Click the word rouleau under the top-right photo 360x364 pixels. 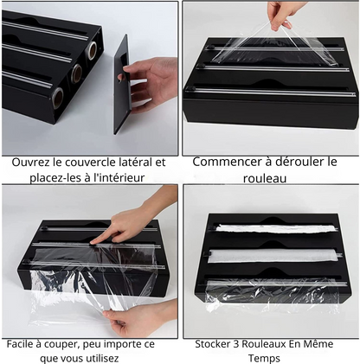265,178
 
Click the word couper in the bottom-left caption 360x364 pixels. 62,345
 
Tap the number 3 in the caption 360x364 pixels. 236,344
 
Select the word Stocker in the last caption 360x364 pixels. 213,344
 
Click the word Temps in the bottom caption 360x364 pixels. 264,359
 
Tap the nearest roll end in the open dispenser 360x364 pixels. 58,99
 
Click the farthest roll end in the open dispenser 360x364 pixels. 93,50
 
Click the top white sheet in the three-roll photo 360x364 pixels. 275,228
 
